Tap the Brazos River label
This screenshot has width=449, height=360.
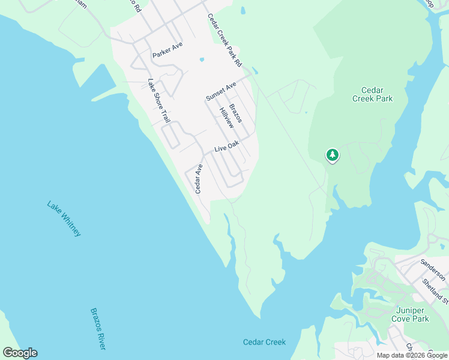(98, 328)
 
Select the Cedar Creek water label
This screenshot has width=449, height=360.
(264, 342)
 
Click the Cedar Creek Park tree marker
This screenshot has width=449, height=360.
(332, 155)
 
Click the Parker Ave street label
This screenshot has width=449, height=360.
(167, 50)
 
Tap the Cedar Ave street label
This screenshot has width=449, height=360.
(199, 179)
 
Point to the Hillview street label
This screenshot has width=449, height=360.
(226, 118)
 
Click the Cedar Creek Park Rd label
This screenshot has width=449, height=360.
(224, 40)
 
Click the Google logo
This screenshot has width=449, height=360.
(20, 353)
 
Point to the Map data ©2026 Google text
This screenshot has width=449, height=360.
(411, 355)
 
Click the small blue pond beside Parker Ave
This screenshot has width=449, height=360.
(202, 60)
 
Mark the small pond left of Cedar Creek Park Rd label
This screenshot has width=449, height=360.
(243, 10)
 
